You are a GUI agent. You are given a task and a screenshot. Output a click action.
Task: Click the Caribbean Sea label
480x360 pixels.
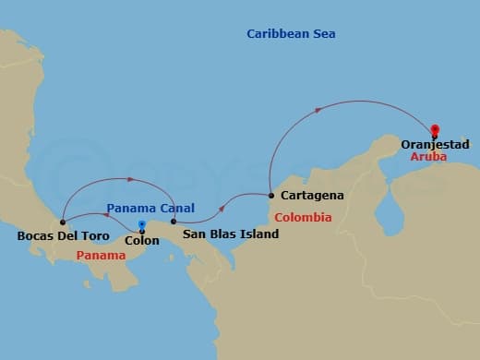click(291, 34)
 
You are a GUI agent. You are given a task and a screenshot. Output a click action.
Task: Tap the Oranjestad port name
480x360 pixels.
click(436, 145)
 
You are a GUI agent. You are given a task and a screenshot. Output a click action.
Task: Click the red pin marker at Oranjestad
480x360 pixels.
click(435, 130)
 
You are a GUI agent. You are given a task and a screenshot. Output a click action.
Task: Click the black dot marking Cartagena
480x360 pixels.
click(270, 195)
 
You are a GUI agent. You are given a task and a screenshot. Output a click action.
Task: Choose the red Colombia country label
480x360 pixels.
click(303, 218)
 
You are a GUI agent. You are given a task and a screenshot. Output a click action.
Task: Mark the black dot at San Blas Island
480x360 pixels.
click(174, 222)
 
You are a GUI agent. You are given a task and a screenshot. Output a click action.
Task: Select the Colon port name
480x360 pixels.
click(141, 241)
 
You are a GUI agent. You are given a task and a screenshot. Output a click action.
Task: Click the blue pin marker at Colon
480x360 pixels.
click(141, 224)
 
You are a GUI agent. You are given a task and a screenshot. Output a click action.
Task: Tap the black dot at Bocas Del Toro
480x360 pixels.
click(62, 222)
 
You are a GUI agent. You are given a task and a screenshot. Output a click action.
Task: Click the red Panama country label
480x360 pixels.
click(101, 255)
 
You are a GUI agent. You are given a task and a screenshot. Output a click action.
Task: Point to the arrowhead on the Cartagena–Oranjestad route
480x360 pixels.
click(318, 110)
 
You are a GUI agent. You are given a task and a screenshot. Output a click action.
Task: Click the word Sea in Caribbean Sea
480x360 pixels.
click(323, 34)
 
